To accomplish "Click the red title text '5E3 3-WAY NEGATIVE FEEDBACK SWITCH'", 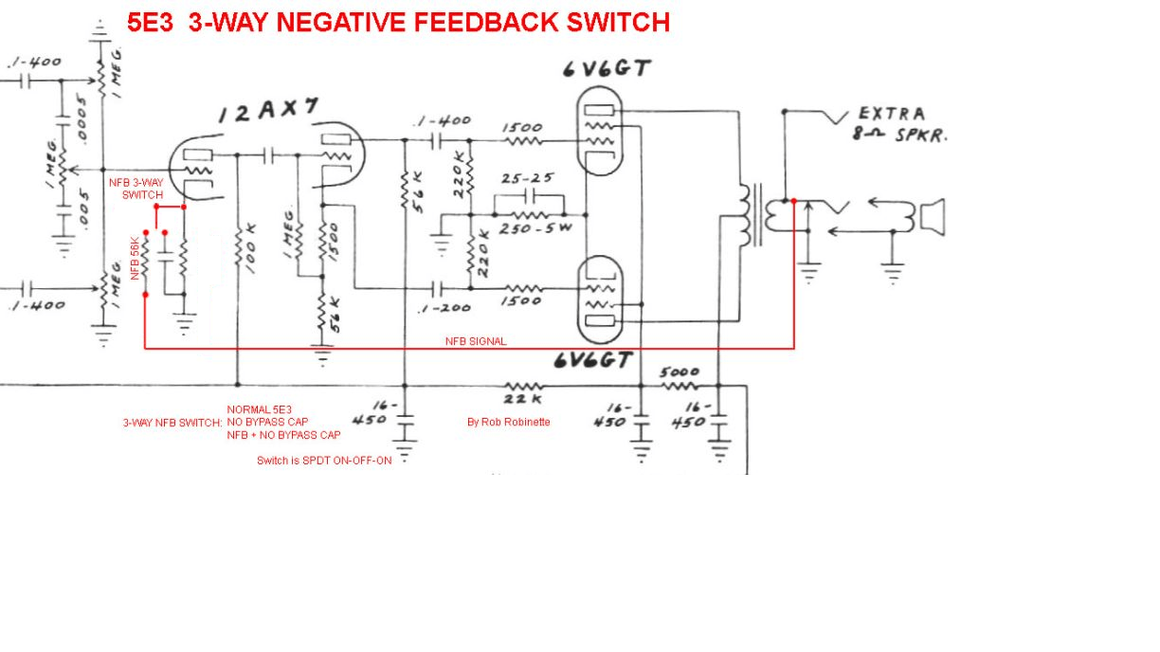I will (398, 23).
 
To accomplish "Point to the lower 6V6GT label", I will (594, 360).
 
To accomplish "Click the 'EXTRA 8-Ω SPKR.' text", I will (900, 123).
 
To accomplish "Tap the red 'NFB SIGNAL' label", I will (476, 341).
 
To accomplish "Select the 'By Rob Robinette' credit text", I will (508, 422).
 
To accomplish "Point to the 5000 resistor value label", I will (680, 372).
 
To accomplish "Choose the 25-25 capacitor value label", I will (528, 178).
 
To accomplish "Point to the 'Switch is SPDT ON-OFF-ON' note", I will (324, 461).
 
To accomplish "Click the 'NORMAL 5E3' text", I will (259, 409).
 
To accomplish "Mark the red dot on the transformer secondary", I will (794, 201).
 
